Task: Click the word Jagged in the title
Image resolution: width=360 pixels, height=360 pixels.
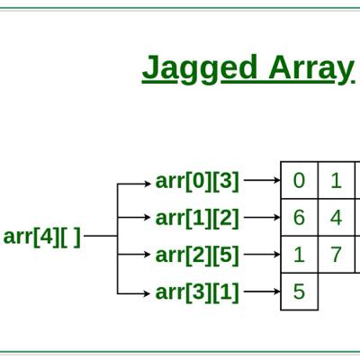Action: pos(200,69)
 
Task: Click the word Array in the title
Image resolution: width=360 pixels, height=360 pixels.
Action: pos(310,69)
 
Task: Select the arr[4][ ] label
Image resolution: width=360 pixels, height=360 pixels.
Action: pos(42,237)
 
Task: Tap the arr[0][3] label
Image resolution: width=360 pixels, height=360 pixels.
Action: pos(197,181)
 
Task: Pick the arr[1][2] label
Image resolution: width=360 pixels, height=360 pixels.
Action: pos(197,218)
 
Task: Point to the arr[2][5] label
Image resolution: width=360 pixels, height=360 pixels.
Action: pos(197,255)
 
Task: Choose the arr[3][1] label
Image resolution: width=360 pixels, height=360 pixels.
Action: pos(197,292)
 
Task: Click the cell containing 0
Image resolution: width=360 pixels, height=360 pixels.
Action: pos(299,180)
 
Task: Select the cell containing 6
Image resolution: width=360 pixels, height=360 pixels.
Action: pos(299,218)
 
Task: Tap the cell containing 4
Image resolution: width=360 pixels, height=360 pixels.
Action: pos(337,218)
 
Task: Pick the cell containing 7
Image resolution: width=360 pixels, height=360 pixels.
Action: pos(337,255)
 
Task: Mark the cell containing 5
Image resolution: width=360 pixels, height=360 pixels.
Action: pos(299,292)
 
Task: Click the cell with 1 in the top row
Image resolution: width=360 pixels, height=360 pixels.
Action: pos(337,180)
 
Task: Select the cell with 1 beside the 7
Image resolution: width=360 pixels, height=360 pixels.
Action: pos(299,255)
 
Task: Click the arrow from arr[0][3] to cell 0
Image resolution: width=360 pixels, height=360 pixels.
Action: pos(262,180)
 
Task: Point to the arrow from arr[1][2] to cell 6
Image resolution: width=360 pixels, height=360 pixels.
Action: pos(262,217)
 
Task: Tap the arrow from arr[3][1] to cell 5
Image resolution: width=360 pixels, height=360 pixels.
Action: pos(262,292)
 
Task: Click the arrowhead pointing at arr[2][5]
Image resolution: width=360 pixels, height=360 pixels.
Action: pos(148,255)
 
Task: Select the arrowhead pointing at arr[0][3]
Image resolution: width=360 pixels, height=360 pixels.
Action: pos(148,184)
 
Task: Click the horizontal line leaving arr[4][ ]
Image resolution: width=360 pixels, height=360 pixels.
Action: pos(101,236)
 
